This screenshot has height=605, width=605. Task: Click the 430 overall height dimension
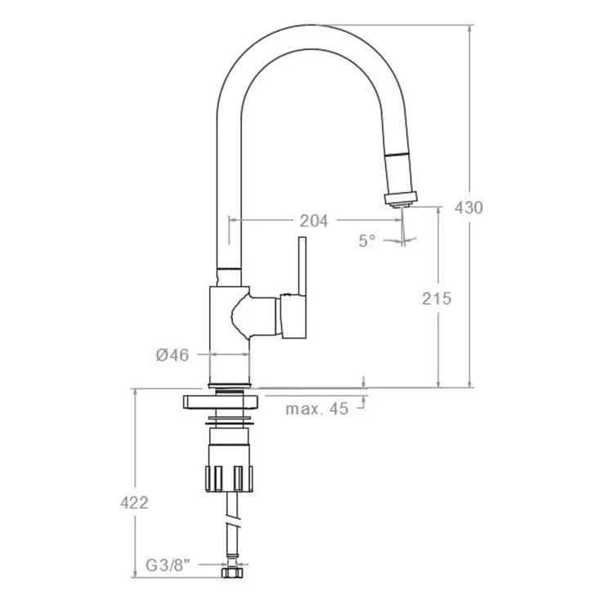click(468, 208)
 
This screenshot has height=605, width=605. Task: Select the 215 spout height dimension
click(437, 298)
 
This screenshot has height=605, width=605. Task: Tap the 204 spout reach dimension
click(314, 221)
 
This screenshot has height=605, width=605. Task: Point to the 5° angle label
click(366, 240)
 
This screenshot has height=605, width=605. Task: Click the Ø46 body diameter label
click(173, 355)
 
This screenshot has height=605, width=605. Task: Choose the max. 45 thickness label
click(316, 409)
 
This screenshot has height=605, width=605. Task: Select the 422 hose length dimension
click(134, 503)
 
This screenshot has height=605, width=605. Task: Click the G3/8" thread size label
click(168, 566)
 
